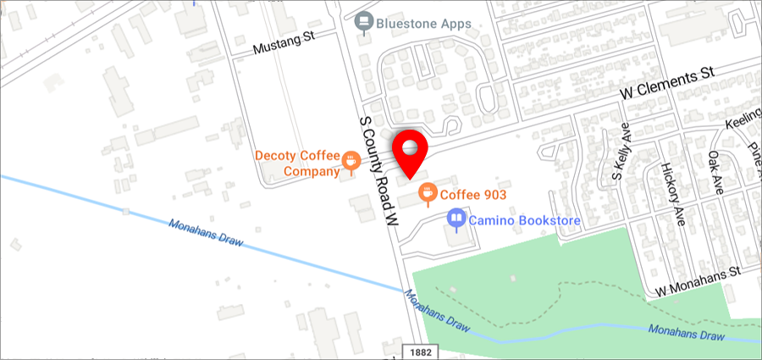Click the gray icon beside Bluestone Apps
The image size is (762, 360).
365,21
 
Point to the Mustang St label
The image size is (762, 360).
284,47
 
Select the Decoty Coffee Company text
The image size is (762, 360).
297,163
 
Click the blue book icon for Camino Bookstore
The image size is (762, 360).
456,219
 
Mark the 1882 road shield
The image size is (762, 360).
417,351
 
